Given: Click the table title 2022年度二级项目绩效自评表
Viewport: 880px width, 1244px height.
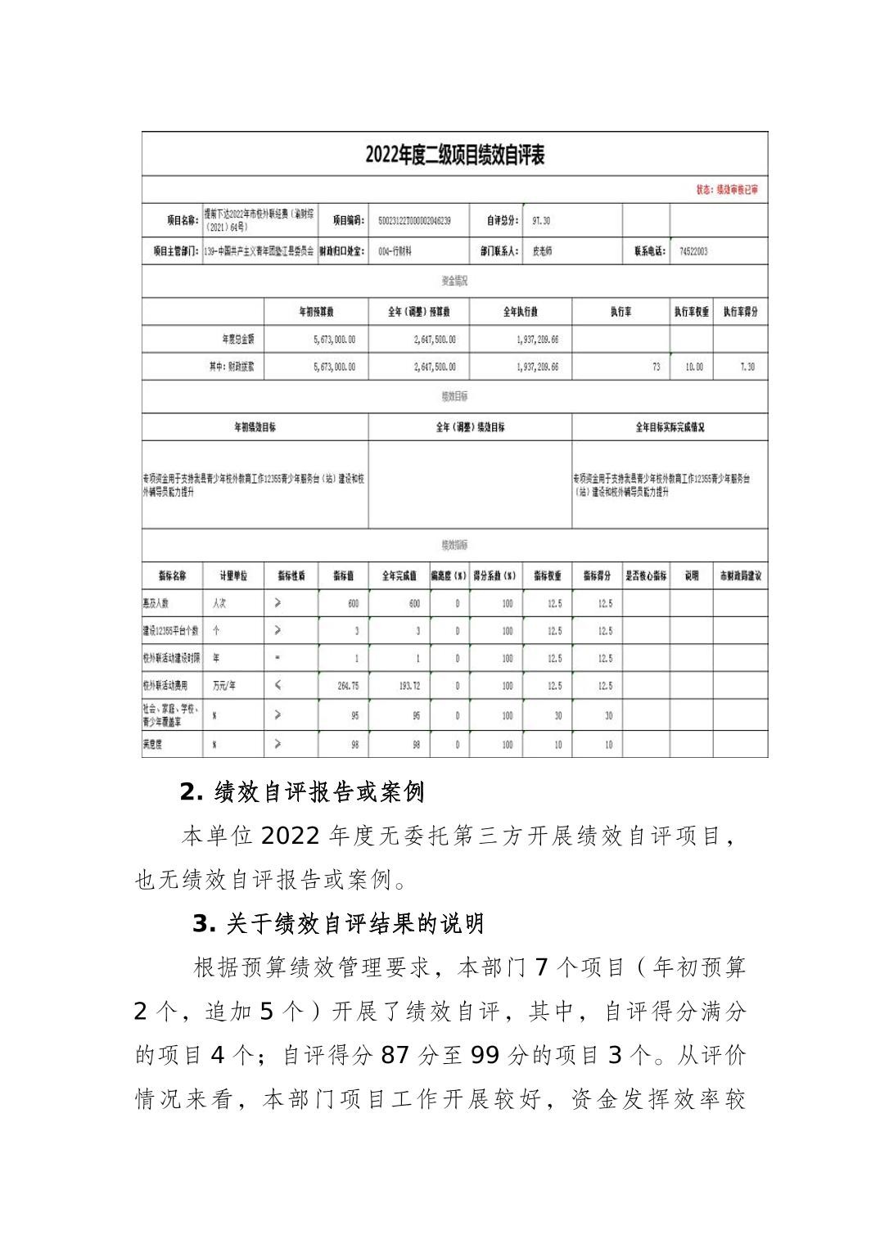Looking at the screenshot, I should (454, 155).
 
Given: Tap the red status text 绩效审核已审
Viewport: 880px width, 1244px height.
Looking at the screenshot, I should (727, 190).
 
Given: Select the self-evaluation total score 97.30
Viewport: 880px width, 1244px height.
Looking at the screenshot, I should (541, 221).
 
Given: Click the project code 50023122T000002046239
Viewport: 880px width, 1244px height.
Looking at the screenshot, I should (414, 221).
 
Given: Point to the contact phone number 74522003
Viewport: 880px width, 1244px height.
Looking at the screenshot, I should (693, 252).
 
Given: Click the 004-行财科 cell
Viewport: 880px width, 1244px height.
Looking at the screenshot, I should (395, 252).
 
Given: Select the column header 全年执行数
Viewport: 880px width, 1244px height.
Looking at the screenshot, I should (521, 313).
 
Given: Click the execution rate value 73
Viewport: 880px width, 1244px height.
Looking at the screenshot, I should (656, 367).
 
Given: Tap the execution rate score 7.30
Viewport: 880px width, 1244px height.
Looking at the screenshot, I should (747, 367).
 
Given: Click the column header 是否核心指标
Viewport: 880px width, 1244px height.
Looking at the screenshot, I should (646, 576).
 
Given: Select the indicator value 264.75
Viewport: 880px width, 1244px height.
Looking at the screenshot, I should (348, 686).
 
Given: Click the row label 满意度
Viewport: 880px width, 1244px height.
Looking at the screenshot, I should (152, 745).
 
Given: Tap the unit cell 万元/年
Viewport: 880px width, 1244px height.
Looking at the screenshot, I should (225, 686).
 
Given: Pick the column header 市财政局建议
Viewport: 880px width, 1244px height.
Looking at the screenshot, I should (740, 576).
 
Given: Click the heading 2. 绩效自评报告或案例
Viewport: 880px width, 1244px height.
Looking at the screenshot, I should (301, 792).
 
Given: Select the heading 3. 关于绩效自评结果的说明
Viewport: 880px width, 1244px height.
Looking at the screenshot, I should (338, 923).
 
